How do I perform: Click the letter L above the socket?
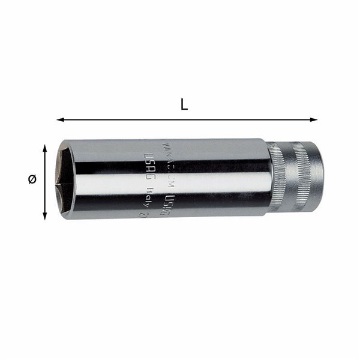[x=184, y=104]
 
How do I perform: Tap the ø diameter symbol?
[x=32, y=179]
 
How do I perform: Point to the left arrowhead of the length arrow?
[x=60, y=119]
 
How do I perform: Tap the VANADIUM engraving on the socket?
[x=183, y=145]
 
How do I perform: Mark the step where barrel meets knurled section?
[x=269, y=178]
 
